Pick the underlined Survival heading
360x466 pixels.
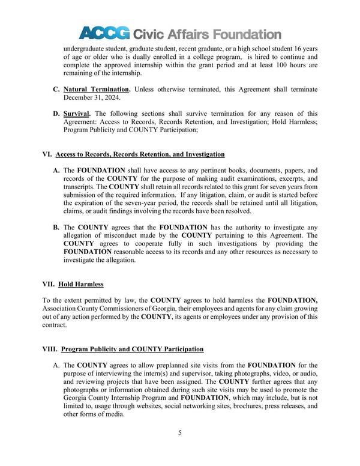[76, 113]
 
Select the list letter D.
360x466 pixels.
[55, 113]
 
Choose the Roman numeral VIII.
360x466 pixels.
[49, 349]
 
